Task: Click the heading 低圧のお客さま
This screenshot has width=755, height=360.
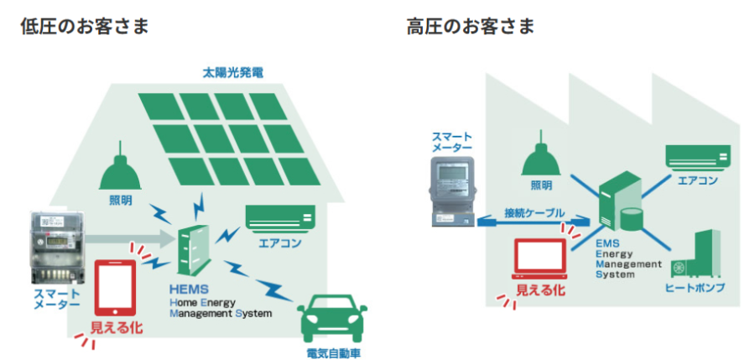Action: tap(85, 26)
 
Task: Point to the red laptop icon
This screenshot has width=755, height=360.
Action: tap(539, 260)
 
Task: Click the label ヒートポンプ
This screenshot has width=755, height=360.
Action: tap(695, 288)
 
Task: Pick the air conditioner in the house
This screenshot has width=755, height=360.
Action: tap(280, 217)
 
